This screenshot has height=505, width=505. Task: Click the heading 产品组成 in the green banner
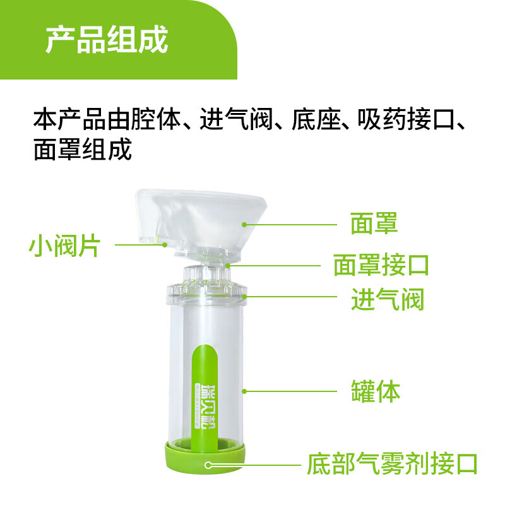(x=107, y=40)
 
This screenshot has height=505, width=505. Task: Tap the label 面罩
(x=374, y=223)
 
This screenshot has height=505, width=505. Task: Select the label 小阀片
(x=64, y=246)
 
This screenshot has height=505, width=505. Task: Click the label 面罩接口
(x=381, y=265)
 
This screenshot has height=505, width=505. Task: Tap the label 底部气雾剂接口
(x=391, y=464)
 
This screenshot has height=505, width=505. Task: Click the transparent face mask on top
(x=202, y=215)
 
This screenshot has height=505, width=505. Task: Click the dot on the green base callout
(x=208, y=465)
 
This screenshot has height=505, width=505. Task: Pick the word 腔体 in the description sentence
(x=166, y=119)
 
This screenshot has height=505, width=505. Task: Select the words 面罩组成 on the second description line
(x=83, y=150)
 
